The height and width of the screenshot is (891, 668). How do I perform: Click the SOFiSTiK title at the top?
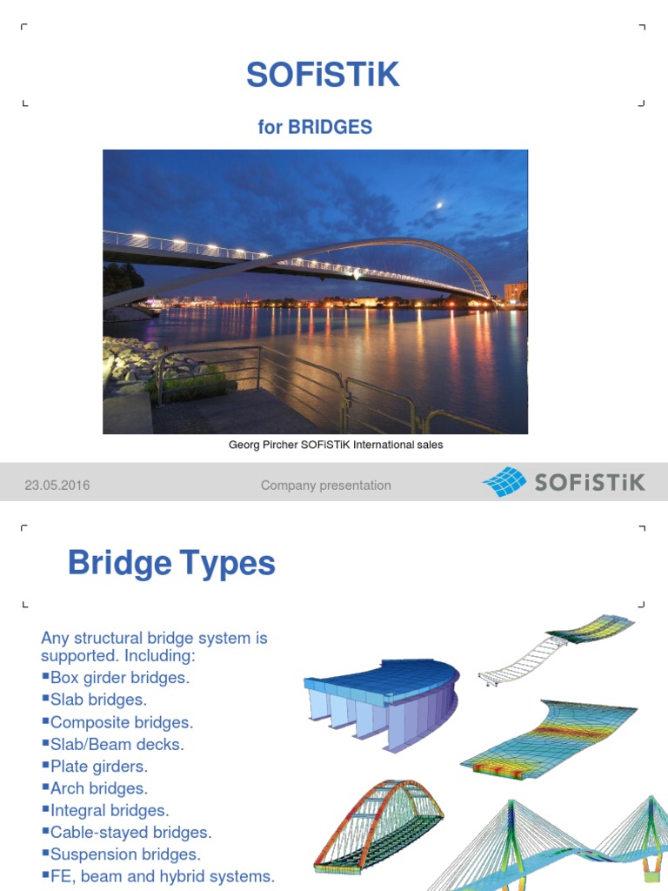(323, 76)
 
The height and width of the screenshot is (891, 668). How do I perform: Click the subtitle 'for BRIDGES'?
(315, 127)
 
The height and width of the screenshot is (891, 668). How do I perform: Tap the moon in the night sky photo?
(441, 205)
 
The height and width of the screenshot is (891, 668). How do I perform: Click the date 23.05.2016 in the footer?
(57, 486)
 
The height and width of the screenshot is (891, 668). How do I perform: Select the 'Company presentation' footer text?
(325, 486)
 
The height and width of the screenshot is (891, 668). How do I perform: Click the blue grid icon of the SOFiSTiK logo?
(504, 482)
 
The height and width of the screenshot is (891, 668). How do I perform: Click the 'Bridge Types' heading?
(171, 564)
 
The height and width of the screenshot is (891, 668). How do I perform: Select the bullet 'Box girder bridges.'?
(119, 677)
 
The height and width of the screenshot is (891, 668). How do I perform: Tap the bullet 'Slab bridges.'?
(98, 700)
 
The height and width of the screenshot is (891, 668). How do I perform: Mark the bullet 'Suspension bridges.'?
(124, 854)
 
